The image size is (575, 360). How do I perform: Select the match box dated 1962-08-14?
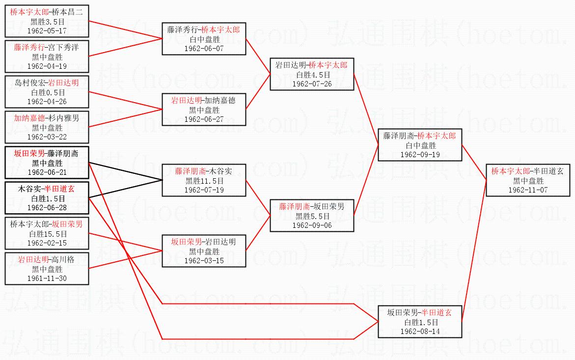[420, 321]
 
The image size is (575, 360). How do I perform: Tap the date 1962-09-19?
[420, 155]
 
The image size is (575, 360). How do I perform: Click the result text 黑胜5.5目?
[312, 216]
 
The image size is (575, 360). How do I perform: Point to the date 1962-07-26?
[312, 84]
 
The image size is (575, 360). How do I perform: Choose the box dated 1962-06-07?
[204, 39]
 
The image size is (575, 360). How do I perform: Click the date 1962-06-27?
[204, 119]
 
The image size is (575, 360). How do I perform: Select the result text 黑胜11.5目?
[204, 181]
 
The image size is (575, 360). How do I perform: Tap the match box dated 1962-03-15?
[204, 251]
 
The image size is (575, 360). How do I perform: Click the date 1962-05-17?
[47, 30]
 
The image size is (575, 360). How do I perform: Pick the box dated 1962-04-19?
[47, 56]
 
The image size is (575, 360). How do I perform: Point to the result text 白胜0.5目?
[47, 92]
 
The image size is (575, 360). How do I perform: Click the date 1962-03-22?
[47, 137]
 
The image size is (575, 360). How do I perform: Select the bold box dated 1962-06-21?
[47, 163]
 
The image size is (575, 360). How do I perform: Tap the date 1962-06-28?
[47, 207]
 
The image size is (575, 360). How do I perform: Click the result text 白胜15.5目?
[47, 234]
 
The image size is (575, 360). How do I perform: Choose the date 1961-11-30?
[47, 278]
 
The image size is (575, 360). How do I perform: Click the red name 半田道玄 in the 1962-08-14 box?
[437, 312]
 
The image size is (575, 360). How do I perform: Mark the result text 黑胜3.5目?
[47, 22]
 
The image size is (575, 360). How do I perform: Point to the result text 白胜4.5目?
[312, 75]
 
